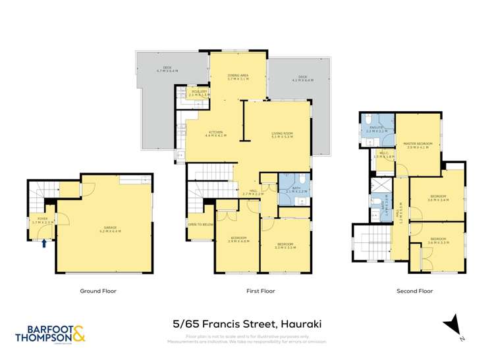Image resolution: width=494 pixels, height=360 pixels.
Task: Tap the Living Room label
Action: click(282, 134)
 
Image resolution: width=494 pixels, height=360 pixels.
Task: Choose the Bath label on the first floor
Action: click(290, 189)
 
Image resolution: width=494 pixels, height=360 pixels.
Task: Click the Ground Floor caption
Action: click(102, 290)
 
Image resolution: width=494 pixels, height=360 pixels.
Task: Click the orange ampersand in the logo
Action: click(78, 334)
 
